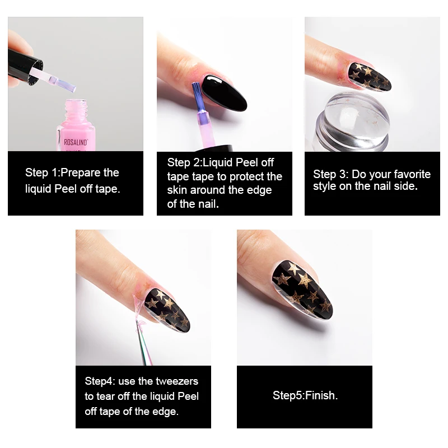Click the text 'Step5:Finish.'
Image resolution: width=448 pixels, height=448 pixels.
[305, 396]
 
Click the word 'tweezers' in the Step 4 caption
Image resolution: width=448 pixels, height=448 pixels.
[178, 381]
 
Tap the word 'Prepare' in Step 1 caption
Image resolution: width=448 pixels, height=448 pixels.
[83, 172]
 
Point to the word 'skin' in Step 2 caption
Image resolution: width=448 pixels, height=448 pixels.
[179, 190]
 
